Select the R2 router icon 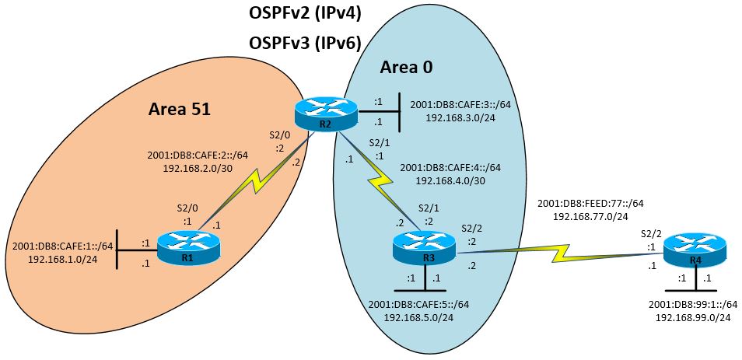[326, 114]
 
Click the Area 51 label [180, 110]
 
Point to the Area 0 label [406, 68]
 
